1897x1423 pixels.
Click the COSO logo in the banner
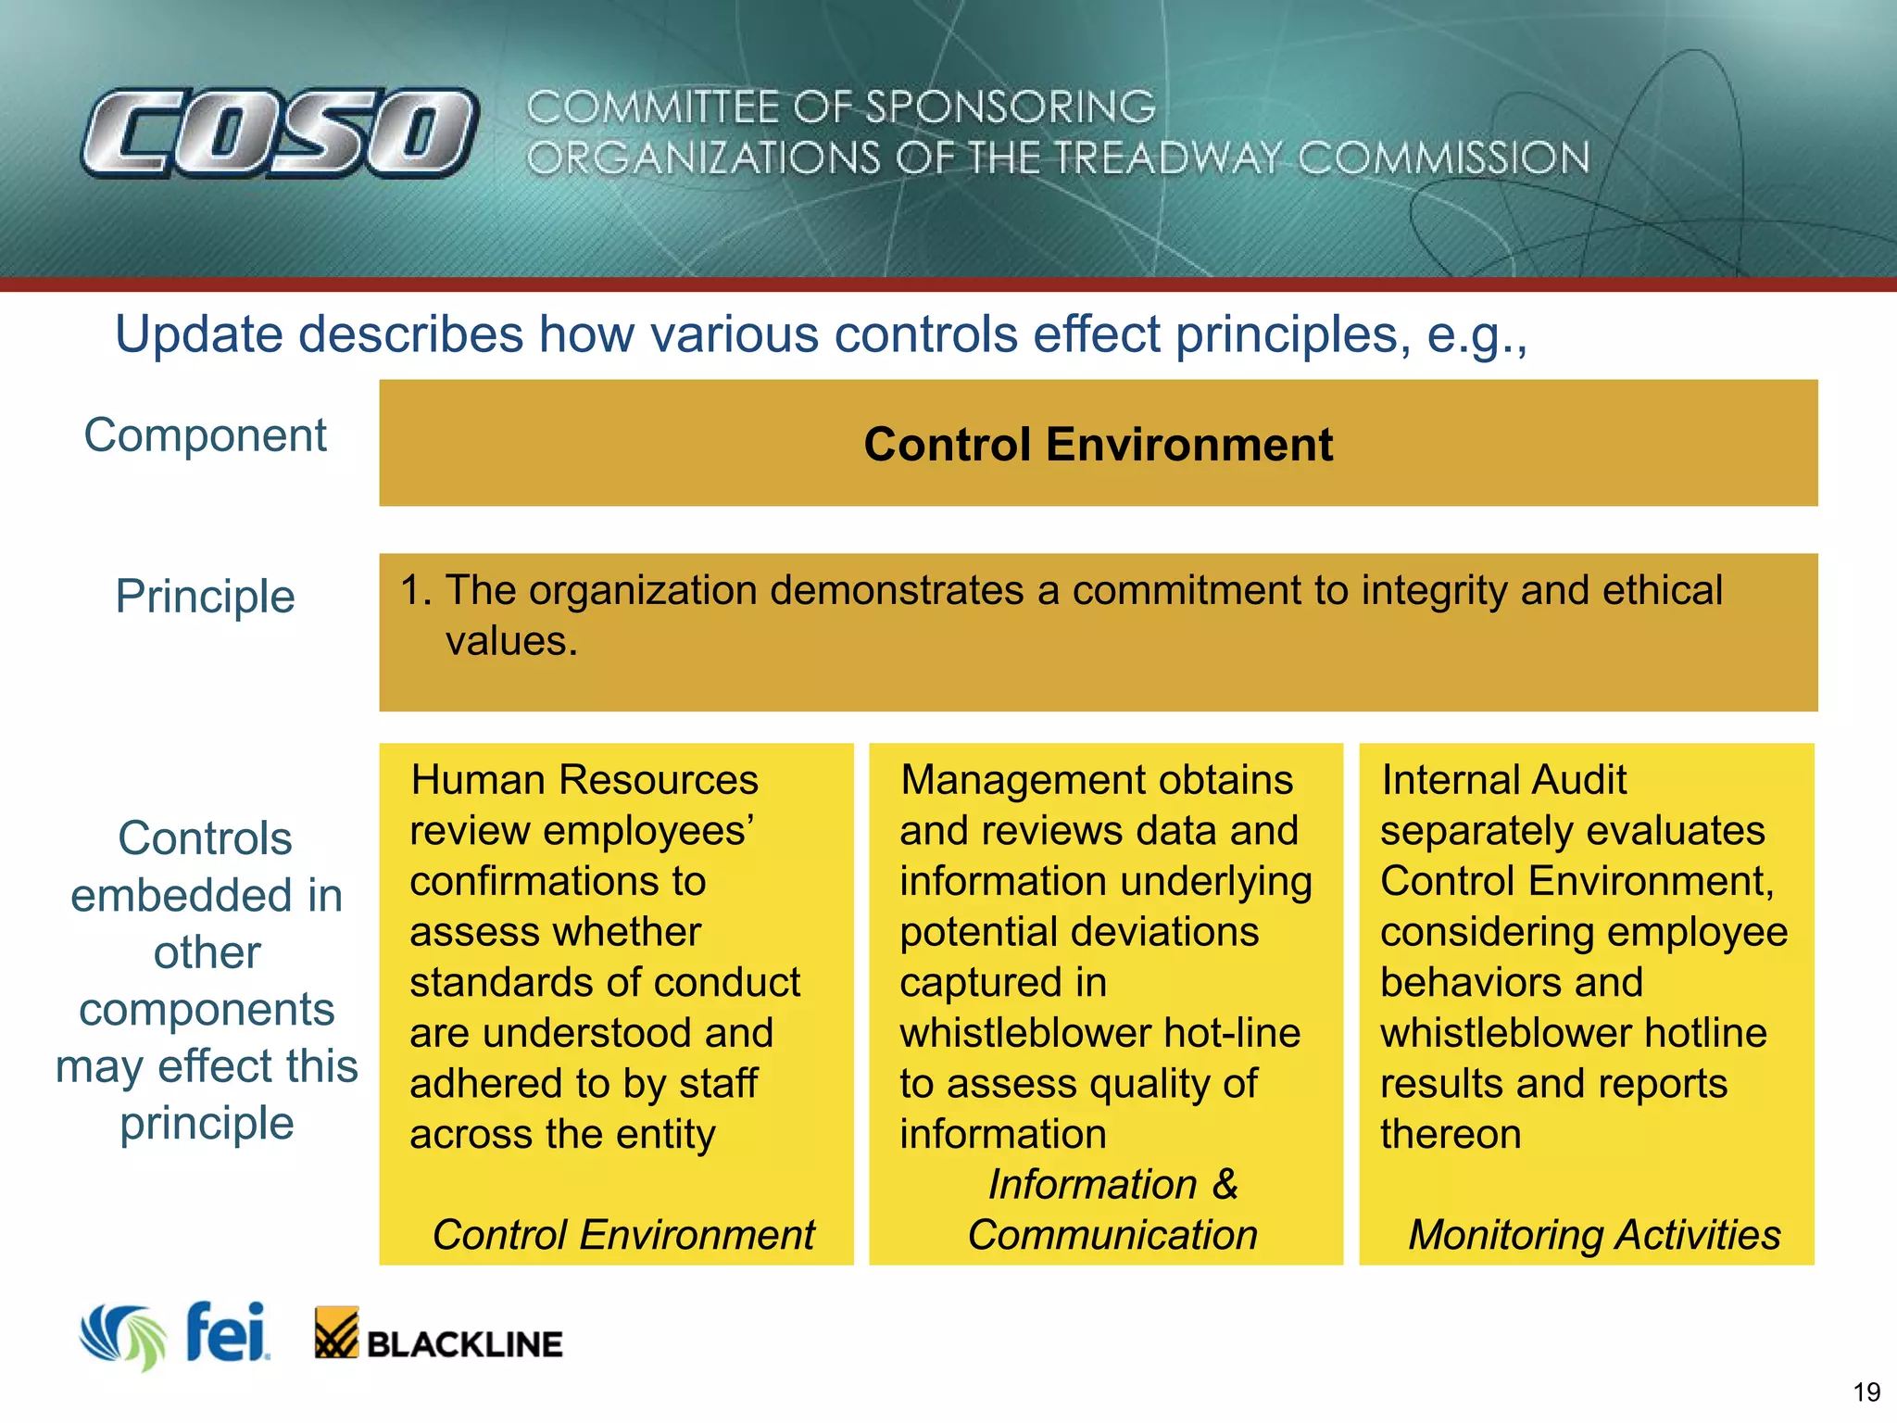[x=280, y=132]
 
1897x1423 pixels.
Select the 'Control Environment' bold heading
[x=1098, y=444]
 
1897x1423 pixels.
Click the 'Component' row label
[x=205, y=434]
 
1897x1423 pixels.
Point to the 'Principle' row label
[x=205, y=596]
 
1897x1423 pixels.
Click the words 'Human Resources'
[x=584, y=780]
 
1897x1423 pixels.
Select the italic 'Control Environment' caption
[x=622, y=1235]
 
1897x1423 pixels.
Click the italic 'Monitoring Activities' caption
[x=1594, y=1235]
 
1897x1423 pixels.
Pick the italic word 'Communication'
[x=1112, y=1235]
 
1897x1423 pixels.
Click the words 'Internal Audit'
[x=1502, y=780]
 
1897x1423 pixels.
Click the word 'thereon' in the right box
[x=1451, y=1134]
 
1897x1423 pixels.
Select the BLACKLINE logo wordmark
[x=464, y=1344]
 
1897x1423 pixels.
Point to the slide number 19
[x=1866, y=1392]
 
